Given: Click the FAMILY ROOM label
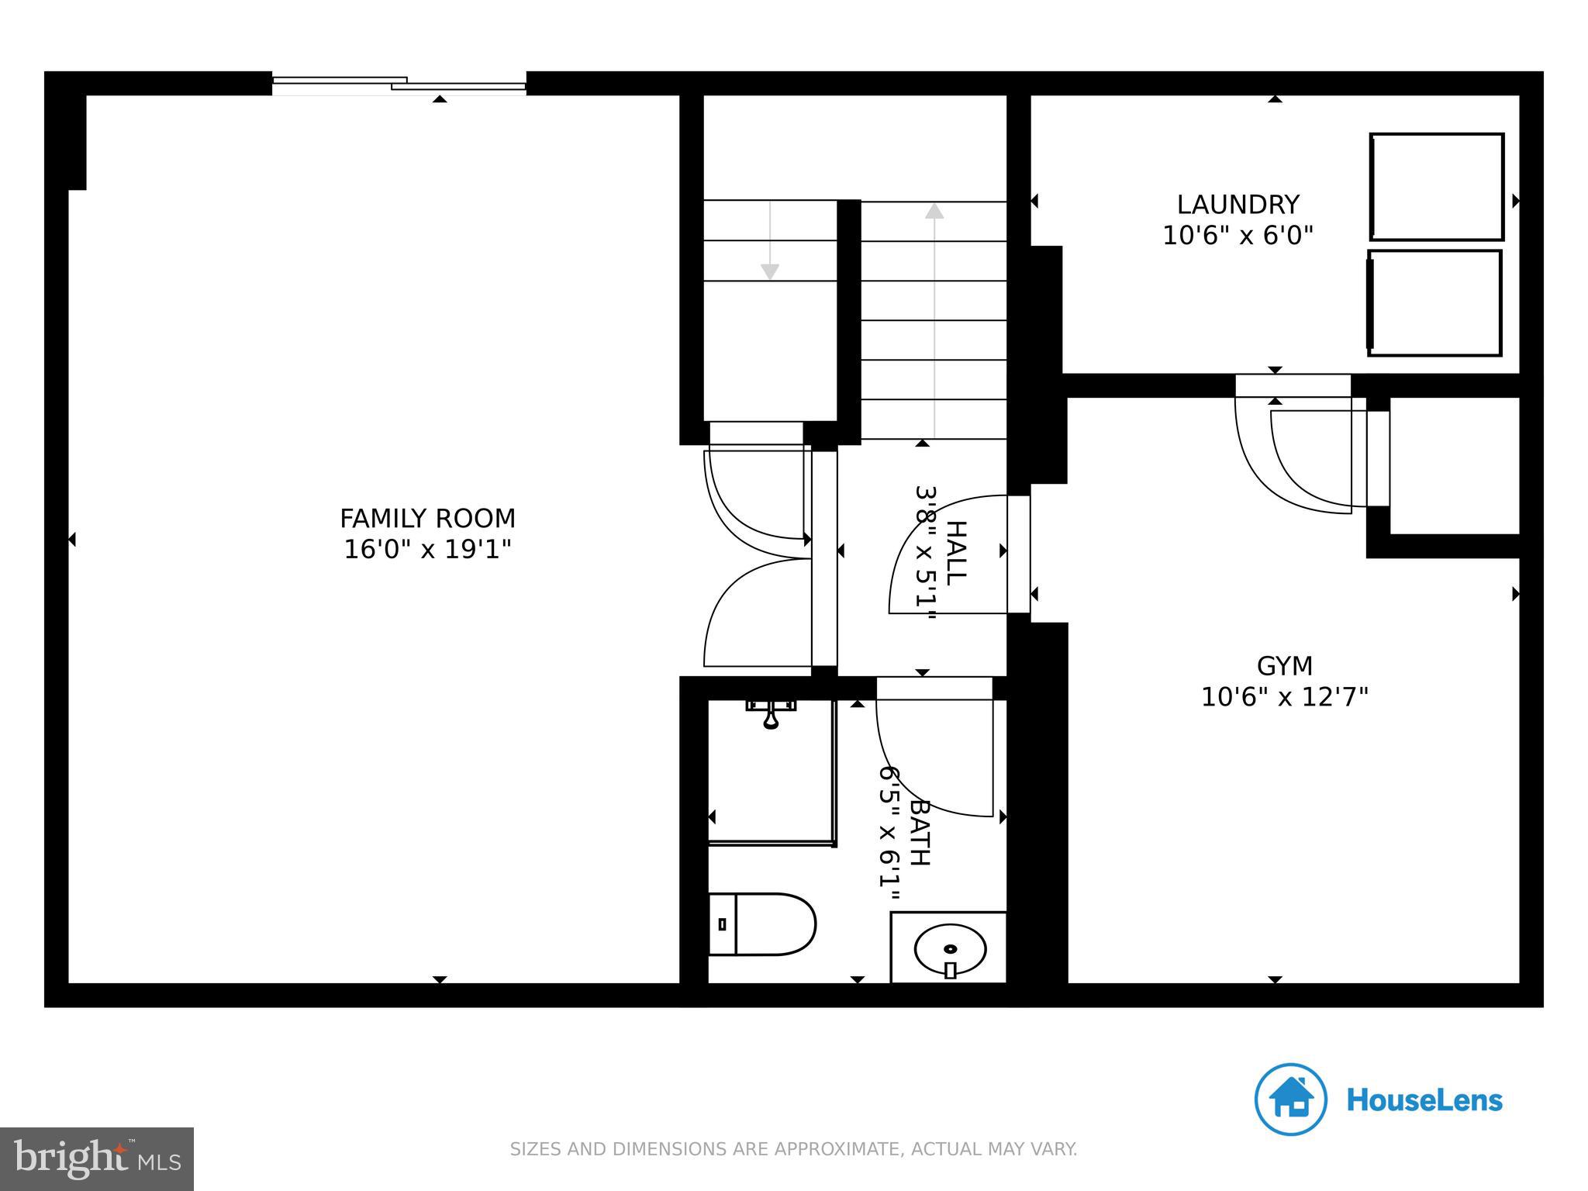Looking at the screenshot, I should coord(427,518).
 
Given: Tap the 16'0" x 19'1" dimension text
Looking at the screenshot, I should coord(427,550).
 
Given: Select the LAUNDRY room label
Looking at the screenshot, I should coord(1238,205).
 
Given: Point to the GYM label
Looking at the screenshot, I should coord(1284,666).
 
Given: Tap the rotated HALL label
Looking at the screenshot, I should coord(958,552).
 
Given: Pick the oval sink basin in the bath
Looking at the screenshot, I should coord(950,948).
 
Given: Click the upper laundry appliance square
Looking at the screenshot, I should coord(1437,187).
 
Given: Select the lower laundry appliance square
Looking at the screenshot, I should coord(1434,303).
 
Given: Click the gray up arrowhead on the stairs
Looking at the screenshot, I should coord(934,211).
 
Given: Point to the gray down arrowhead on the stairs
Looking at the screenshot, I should coord(769,271).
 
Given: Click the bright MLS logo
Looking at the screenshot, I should coord(97,1158).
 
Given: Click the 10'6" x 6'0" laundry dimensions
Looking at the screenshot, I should coord(1238,236).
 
